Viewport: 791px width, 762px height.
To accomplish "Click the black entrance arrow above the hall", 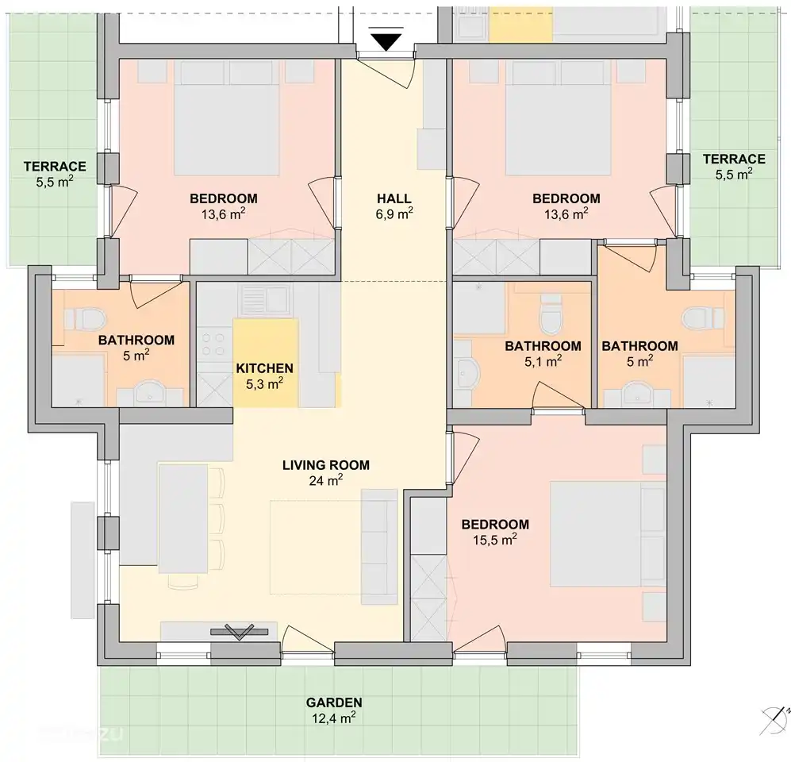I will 386,41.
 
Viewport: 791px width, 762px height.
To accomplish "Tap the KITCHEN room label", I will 265,368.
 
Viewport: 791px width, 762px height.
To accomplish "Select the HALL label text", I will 394,198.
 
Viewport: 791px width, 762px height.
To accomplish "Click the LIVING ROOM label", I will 325,465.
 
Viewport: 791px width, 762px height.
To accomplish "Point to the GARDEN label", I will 334,702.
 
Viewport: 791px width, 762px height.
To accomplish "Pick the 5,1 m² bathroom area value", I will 543,361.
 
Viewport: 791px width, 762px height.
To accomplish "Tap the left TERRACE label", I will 55,166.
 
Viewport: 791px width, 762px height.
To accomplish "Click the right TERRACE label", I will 734,159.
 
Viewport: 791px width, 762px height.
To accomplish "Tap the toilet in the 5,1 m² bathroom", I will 550,316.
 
